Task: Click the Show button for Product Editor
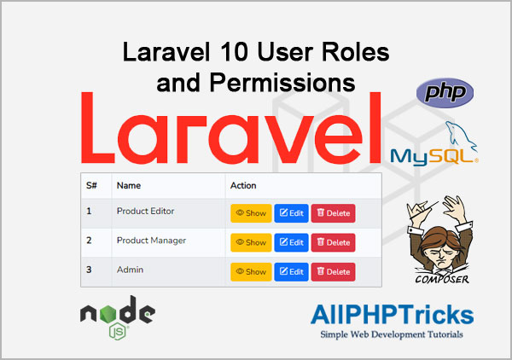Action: coord(251,213)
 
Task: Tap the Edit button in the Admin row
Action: coord(291,272)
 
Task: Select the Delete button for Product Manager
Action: coord(333,242)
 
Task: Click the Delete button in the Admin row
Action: coord(333,272)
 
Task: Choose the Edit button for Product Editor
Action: coord(291,213)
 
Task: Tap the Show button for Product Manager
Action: coord(251,242)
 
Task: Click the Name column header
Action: coord(129,185)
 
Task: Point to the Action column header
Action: coord(243,185)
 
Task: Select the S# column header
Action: coord(91,185)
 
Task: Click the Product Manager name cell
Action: coord(151,241)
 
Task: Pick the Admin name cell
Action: coord(130,270)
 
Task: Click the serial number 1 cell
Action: coord(89,212)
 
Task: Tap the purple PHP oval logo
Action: coord(445,93)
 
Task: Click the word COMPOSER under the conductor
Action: coord(442,279)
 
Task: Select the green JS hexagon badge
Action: coord(118,331)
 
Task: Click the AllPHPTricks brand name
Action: coord(393,315)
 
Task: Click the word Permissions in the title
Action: coord(282,83)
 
